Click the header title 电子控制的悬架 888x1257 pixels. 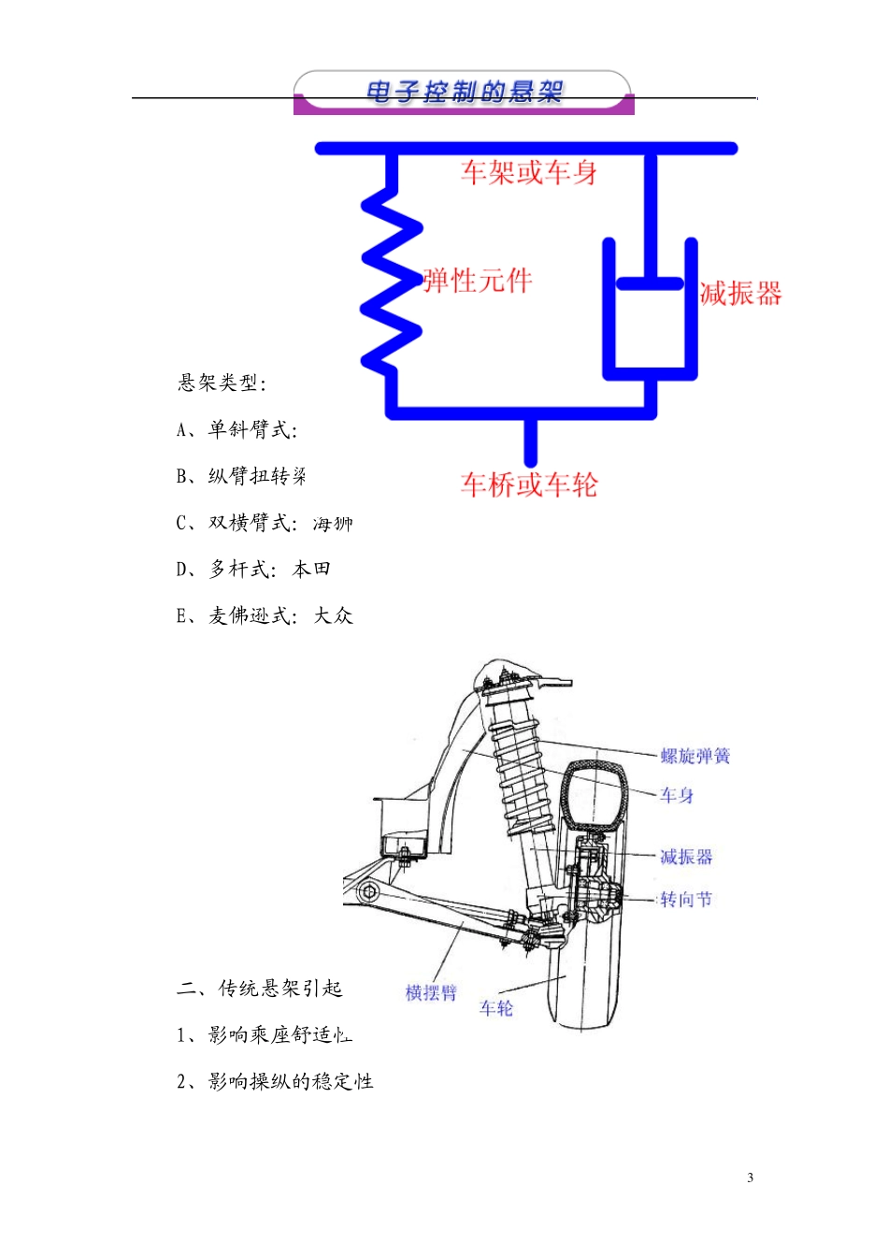[x=465, y=92]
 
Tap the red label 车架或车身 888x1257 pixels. [x=529, y=172]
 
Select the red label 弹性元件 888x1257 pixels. [x=478, y=281]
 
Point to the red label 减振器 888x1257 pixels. [x=740, y=294]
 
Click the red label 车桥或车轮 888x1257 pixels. [x=529, y=484]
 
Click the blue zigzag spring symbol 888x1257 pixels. [x=392, y=281]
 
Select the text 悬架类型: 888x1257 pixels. [x=222, y=383]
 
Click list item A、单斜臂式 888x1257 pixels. [x=237, y=429]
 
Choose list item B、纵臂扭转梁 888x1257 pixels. [x=241, y=476]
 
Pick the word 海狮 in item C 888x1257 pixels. [x=333, y=524]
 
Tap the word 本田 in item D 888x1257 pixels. [x=311, y=569]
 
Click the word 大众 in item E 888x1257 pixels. [x=333, y=615]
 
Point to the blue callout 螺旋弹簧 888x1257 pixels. [x=695, y=756]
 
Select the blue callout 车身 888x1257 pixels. [x=677, y=795]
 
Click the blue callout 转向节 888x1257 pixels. [x=686, y=899]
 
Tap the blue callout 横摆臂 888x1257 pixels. [x=431, y=992]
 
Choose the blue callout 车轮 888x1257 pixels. [x=496, y=1007]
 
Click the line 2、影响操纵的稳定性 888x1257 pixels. [x=275, y=1081]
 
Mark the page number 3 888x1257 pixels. [x=750, y=1178]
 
